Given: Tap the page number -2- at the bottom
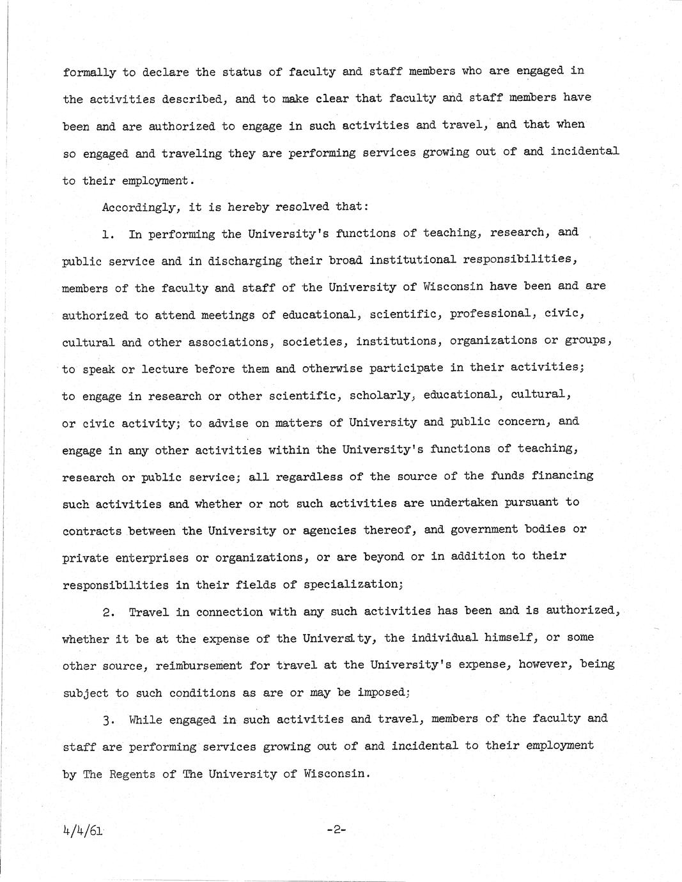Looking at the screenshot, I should pos(336,830).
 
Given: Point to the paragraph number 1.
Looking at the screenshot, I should pos(107,235).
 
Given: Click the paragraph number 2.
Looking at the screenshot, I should pos(108,612).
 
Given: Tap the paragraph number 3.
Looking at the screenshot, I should pos(108,720).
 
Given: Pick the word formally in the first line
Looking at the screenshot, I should pos(89,72).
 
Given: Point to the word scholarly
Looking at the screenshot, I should pos(379,396).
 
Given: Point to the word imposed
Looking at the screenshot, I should pos(382,692).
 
